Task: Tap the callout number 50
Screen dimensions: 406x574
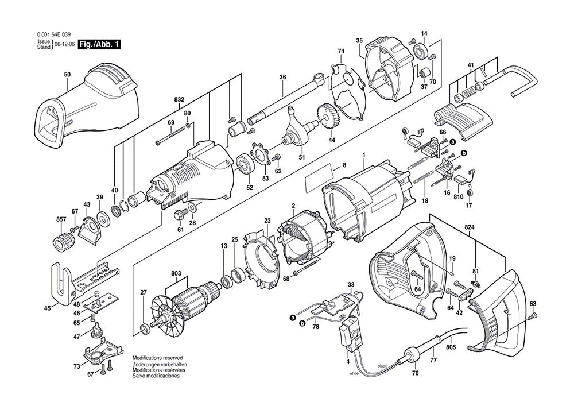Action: pyautogui.click(x=67, y=75)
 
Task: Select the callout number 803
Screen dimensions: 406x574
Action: pyautogui.click(x=176, y=274)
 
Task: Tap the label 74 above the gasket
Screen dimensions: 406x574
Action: pyautogui.click(x=340, y=52)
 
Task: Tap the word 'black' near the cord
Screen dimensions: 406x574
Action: pyautogui.click(x=382, y=366)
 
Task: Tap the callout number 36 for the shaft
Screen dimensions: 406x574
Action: pyautogui.click(x=282, y=77)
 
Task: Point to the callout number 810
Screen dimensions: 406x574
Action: pyautogui.click(x=458, y=197)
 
